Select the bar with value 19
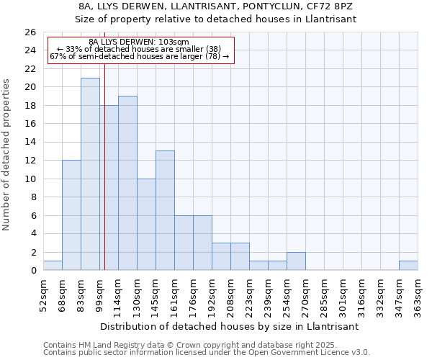click(x=127, y=183)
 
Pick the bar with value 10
click(x=146, y=224)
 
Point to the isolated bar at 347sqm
click(x=408, y=266)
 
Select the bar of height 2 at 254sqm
click(x=296, y=261)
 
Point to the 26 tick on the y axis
click(x=30, y=32)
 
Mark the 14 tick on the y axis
click(x=30, y=143)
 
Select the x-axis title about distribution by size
click(x=229, y=326)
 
